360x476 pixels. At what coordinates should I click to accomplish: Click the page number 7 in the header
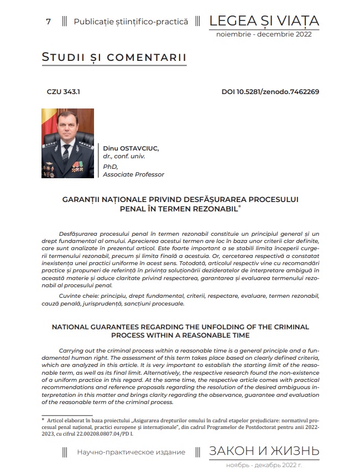pyautogui.click(x=49, y=22)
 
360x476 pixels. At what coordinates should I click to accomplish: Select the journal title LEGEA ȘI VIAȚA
pyautogui.click(x=264, y=21)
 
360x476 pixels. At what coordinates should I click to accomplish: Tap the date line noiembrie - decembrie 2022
pyautogui.click(x=264, y=34)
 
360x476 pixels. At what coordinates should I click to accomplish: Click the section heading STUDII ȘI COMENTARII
pyautogui.click(x=114, y=58)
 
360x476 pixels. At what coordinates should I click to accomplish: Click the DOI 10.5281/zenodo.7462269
pyautogui.click(x=270, y=92)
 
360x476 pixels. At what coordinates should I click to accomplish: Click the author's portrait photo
pyautogui.click(x=67, y=143)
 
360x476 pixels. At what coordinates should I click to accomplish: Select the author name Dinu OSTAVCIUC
pyautogui.click(x=131, y=148)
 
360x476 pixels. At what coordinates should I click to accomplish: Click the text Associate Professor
pyautogui.click(x=133, y=174)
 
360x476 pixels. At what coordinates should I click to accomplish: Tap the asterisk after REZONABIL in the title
pyautogui.click(x=239, y=206)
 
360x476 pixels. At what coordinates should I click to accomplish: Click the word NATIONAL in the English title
pyautogui.click(x=75, y=327)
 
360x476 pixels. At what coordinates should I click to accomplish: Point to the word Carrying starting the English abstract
pyautogui.click(x=71, y=351)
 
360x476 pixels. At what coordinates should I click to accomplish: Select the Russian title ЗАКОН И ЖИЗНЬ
pyautogui.click(x=264, y=451)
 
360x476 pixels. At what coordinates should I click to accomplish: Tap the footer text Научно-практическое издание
pyautogui.click(x=131, y=452)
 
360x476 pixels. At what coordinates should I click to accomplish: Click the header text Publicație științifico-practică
pyautogui.click(x=131, y=22)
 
